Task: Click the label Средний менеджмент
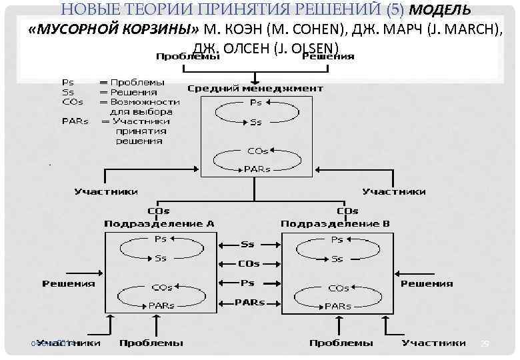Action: tap(255, 88)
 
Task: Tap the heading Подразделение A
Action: tap(159, 223)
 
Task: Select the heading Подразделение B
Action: tap(335, 223)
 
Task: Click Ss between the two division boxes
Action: tap(247, 245)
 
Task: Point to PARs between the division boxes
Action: tap(249, 302)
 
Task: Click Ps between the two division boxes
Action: tap(247, 283)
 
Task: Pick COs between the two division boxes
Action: tap(248, 263)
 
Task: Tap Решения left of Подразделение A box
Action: tap(69, 283)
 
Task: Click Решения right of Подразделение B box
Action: tap(427, 283)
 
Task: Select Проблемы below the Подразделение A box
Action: tap(151, 343)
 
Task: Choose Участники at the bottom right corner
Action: tap(433, 343)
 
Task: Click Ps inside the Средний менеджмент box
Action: tap(255, 103)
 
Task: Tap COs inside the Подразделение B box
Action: tap(338, 288)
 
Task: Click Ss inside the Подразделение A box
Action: tap(161, 258)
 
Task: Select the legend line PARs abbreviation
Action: tap(75, 121)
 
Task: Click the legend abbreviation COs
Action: tap(73, 102)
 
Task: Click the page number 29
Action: tap(485, 343)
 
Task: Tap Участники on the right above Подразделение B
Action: tap(394, 191)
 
